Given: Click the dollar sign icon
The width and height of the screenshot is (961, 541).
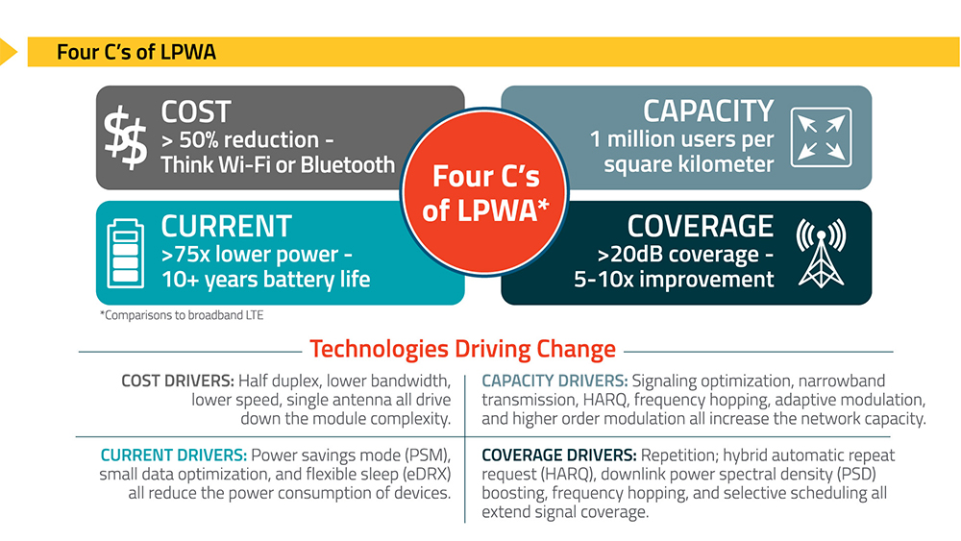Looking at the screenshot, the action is pyautogui.click(x=125, y=137).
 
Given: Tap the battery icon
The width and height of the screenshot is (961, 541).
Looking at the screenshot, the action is pyautogui.click(x=126, y=254).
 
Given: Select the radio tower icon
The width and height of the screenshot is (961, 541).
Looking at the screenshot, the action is pyautogui.click(x=822, y=254).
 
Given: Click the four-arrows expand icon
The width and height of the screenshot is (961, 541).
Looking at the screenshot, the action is pyautogui.click(x=822, y=137).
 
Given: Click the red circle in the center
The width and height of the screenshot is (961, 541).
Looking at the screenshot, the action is pyautogui.click(x=484, y=192).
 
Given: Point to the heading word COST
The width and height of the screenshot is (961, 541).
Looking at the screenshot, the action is pyautogui.click(x=196, y=112).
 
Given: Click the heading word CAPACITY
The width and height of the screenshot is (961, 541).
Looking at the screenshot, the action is pyautogui.click(x=708, y=111).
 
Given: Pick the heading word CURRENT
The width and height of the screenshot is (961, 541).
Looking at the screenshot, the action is pyautogui.click(x=226, y=226).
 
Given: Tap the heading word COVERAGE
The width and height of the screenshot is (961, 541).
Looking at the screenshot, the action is pyautogui.click(x=701, y=226).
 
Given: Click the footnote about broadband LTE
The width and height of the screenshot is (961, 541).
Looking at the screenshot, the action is pyautogui.click(x=182, y=315).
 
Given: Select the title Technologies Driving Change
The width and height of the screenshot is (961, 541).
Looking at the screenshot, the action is pyautogui.click(x=463, y=349).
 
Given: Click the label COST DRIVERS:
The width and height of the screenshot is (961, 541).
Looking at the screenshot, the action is pyautogui.click(x=178, y=381).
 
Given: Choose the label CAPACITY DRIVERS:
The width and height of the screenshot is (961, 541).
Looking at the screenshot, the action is pyautogui.click(x=554, y=381).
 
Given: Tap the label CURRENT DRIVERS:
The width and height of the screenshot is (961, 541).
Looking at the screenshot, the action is pyautogui.click(x=174, y=455).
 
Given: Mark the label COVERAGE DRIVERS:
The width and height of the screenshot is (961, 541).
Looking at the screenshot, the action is pyautogui.click(x=559, y=455).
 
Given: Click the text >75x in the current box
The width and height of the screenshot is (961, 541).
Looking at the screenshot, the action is pyautogui.click(x=185, y=254).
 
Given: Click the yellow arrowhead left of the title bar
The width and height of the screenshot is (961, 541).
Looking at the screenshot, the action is pyautogui.click(x=8, y=52).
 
